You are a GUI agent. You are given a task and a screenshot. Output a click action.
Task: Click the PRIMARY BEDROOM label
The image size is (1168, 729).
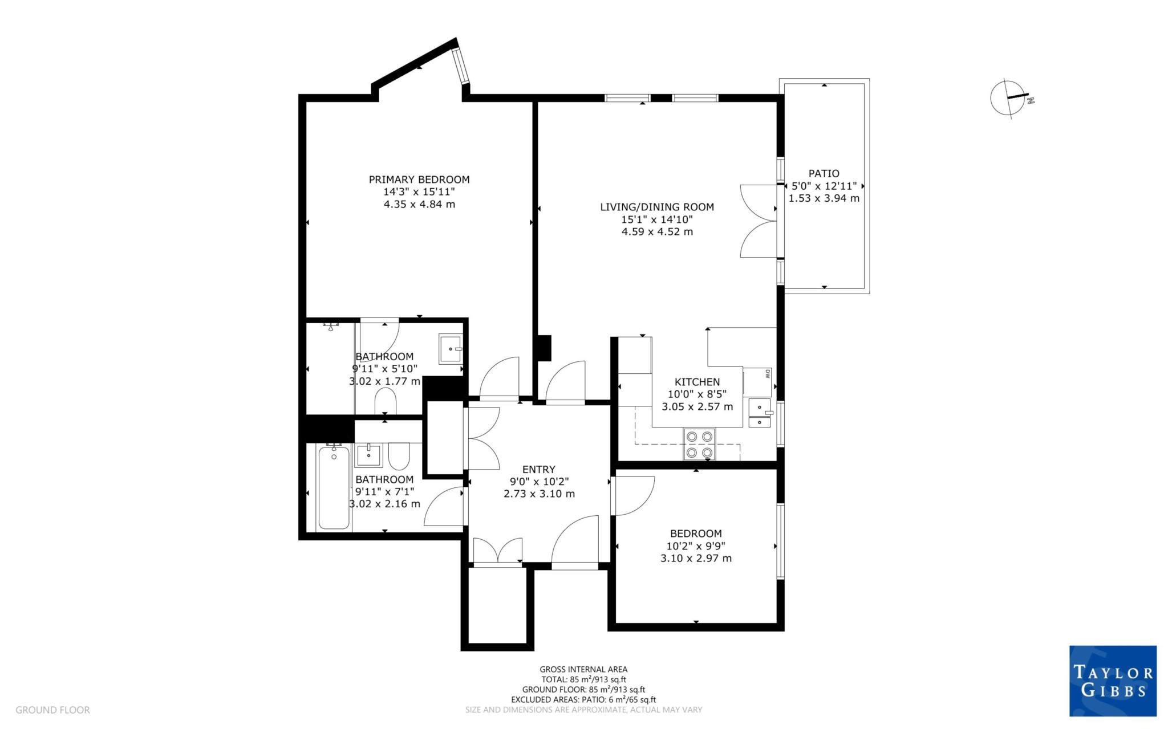tap(419, 180)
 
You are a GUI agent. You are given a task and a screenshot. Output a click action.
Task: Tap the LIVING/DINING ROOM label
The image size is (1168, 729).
tap(656, 207)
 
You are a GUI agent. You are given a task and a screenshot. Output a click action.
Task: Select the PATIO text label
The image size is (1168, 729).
tap(824, 173)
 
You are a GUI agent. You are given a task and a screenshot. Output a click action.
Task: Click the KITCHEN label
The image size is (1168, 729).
tap(697, 382)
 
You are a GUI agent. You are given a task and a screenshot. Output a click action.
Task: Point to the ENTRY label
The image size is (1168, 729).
tap(538, 469)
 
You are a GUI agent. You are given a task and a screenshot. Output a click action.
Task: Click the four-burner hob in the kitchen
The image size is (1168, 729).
tap(700, 444)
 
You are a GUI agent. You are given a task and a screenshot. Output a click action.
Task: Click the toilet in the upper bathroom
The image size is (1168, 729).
tap(386, 401)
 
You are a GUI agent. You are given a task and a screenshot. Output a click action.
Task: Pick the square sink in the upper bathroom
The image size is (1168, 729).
tap(450, 349)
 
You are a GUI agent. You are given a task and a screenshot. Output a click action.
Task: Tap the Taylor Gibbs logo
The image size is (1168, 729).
tap(1112, 681)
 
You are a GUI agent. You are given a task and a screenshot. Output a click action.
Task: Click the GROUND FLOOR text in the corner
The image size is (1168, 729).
tap(52, 710)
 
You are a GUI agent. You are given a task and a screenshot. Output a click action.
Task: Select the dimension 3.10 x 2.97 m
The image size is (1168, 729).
tap(696, 558)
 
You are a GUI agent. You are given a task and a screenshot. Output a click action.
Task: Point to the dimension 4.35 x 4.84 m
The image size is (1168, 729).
tap(419, 204)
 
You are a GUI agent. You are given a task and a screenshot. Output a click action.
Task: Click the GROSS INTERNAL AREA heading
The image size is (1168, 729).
tap(583, 669)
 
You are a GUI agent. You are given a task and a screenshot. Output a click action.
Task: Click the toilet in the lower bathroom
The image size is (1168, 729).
tap(399, 456)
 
